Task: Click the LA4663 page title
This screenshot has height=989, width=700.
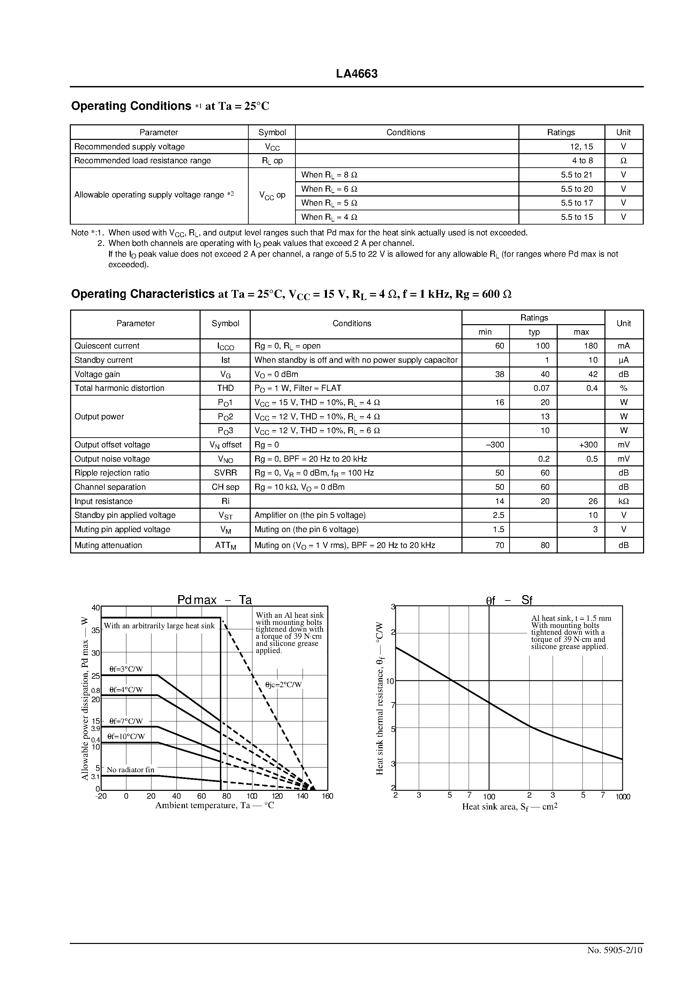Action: point(356,74)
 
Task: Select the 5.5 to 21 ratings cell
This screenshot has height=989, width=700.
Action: point(576,174)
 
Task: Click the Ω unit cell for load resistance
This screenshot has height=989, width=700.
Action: point(623,161)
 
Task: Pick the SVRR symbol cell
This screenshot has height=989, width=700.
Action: point(225,473)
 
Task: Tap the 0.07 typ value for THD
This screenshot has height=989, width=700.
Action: point(541,388)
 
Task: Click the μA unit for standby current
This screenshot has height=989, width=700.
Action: point(623,360)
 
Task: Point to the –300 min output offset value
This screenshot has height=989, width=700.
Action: point(495,444)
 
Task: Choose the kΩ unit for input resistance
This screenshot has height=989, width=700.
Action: point(623,501)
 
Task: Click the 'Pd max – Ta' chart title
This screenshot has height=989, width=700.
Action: point(214,600)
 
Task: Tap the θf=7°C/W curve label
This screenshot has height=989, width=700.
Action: point(126,721)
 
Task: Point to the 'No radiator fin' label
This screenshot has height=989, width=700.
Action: point(130,770)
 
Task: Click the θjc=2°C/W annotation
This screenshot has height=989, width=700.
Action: point(283,685)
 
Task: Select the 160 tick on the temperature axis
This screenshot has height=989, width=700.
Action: point(327,797)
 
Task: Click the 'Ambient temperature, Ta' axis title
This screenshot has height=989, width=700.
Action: point(214,806)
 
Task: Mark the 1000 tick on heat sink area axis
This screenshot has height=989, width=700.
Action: point(622,797)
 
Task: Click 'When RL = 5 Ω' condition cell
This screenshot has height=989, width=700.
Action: point(329,203)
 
